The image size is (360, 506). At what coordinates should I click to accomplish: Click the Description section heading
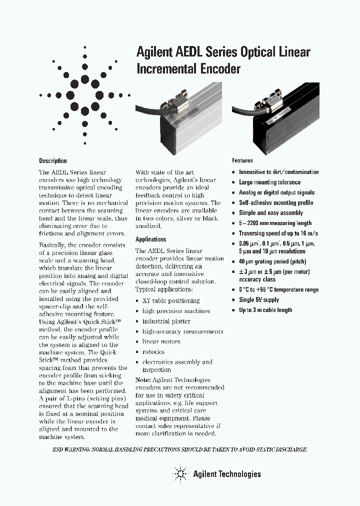53,161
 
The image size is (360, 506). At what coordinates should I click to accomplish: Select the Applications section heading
150,239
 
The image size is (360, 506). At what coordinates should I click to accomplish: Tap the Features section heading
242,161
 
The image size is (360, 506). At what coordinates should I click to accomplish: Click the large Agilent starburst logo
84,95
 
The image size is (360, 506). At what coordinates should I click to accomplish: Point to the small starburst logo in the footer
179,473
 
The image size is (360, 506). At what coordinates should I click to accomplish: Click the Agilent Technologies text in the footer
227,474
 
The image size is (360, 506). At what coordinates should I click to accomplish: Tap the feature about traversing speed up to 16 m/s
278,233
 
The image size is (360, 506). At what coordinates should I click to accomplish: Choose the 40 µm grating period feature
272,261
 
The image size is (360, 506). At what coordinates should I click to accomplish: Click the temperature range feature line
278,290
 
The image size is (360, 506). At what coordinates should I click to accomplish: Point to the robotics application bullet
153,352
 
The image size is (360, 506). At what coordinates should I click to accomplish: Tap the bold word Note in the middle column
143,380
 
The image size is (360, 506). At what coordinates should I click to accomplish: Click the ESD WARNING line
179,449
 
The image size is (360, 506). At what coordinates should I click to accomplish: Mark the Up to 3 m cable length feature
265,310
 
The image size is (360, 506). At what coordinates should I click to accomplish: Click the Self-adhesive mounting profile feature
276,203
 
